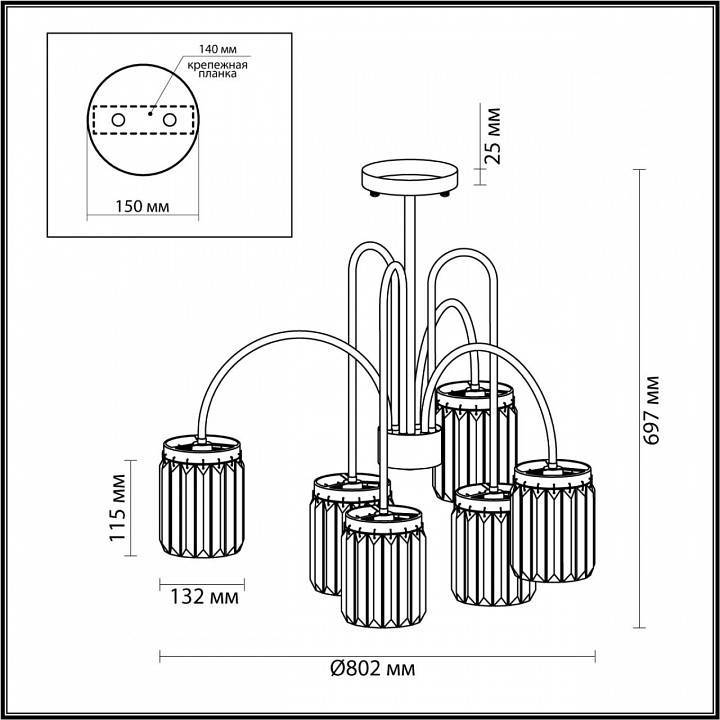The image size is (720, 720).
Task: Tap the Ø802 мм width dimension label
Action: click(372, 668)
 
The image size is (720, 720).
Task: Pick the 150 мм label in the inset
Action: click(141, 206)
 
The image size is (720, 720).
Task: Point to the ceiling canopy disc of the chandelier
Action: click(410, 177)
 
